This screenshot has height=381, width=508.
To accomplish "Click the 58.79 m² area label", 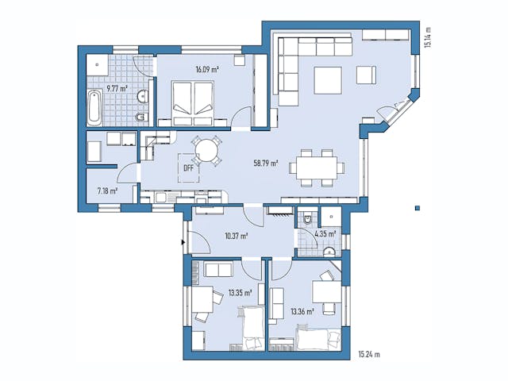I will tap(264, 164).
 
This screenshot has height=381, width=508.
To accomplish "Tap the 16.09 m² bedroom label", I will tap(207, 69).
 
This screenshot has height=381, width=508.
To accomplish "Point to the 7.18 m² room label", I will tap(107, 190).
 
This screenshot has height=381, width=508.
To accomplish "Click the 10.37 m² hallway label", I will tap(237, 236).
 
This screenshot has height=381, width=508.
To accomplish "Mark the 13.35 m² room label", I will tap(239, 293).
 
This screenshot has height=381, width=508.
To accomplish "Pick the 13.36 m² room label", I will tap(302, 311).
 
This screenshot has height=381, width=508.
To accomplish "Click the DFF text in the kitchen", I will tap(188, 168).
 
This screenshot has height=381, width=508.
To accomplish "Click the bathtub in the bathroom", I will tap(94, 108).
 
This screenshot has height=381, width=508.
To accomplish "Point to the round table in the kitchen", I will tap(207, 149).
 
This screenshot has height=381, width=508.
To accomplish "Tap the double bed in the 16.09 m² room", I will tap(193, 102).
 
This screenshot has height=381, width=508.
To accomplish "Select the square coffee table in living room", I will tap(328, 80).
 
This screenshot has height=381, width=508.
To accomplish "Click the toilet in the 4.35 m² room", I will tap(306, 220).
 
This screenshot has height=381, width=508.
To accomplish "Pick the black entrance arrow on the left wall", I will tap(184, 241).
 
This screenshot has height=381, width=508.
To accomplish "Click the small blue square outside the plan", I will tap(417, 209).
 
